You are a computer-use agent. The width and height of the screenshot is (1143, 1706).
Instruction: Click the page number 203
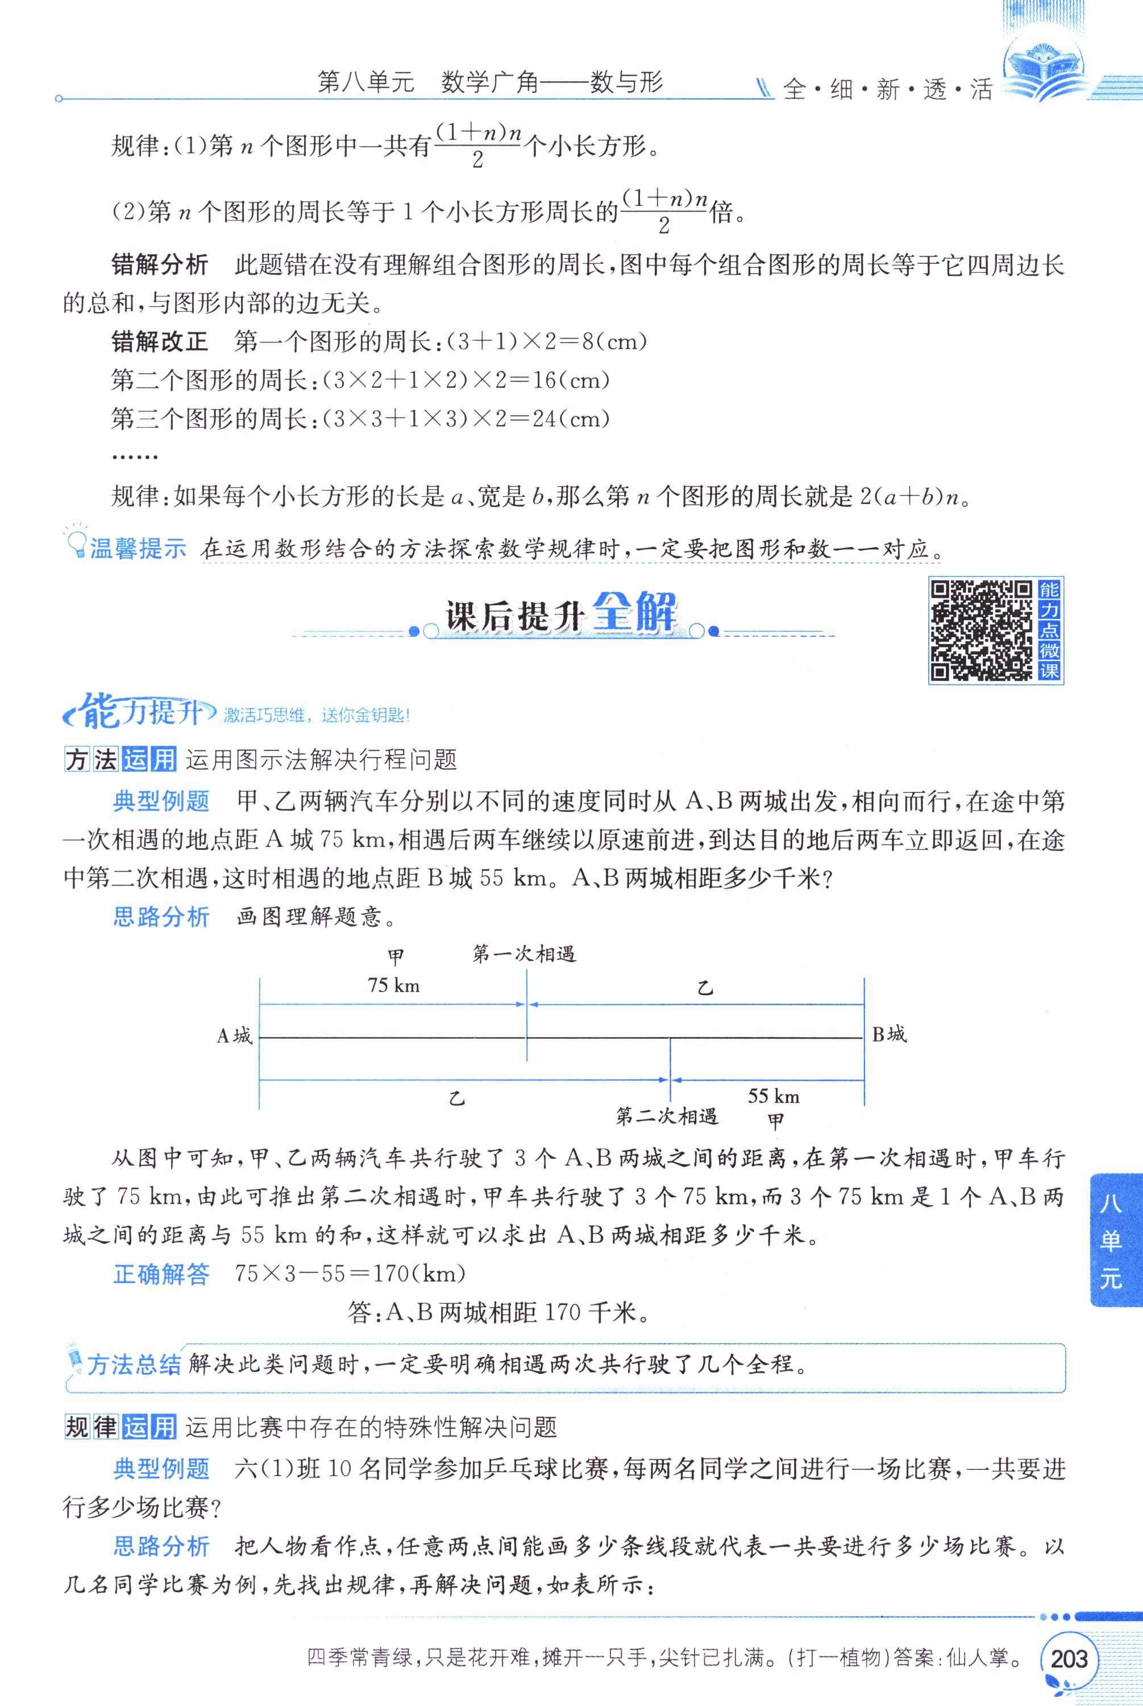1069,1659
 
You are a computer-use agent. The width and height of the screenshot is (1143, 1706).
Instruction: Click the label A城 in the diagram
234,1036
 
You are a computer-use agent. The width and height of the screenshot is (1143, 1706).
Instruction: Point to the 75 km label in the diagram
394,985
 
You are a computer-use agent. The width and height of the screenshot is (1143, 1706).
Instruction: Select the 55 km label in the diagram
774,1096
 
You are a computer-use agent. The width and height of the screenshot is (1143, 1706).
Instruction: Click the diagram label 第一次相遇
524,954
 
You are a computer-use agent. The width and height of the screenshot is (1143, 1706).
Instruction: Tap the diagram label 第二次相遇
666,1116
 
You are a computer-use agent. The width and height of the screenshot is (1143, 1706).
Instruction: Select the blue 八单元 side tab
1112,1241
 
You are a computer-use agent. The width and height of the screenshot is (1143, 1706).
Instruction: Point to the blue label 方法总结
134,1364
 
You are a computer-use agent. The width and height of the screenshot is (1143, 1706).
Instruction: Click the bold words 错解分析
160,264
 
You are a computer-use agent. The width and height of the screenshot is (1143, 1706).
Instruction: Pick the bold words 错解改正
160,341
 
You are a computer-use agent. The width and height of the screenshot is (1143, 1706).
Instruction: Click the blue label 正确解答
161,1274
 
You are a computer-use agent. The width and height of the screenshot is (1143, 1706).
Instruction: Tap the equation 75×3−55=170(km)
351,1274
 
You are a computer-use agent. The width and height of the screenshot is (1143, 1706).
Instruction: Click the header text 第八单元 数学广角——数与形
490,82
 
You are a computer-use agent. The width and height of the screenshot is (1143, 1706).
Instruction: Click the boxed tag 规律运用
120,1427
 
